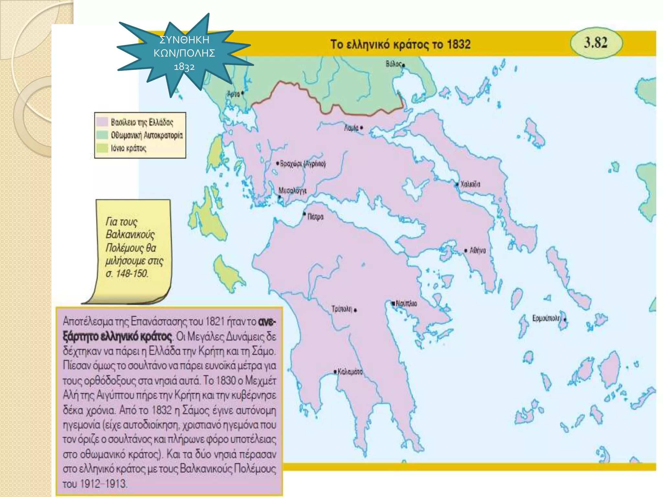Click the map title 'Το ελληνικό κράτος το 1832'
click(x=400, y=44)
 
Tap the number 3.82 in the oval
click(x=596, y=42)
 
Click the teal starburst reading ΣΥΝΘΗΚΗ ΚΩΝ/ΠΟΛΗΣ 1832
click(x=184, y=53)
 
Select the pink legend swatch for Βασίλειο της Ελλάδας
click(x=102, y=122)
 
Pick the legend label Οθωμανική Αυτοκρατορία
click(x=147, y=135)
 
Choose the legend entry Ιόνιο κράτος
click(x=129, y=148)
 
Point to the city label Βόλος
click(x=394, y=64)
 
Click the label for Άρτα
click(x=233, y=94)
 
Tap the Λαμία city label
click(x=351, y=128)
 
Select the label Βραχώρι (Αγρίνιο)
click(x=303, y=164)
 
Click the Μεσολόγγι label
click(x=292, y=191)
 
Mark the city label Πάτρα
click(x=315, y=216)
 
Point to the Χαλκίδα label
click(x=470, y=184)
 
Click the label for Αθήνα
click(x=478, y=250)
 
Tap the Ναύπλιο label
click(x=406, y=304)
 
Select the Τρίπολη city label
click(x=342, y=309)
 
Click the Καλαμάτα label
click(x=350, y=372)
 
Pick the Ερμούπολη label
click(x=546, y=318)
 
